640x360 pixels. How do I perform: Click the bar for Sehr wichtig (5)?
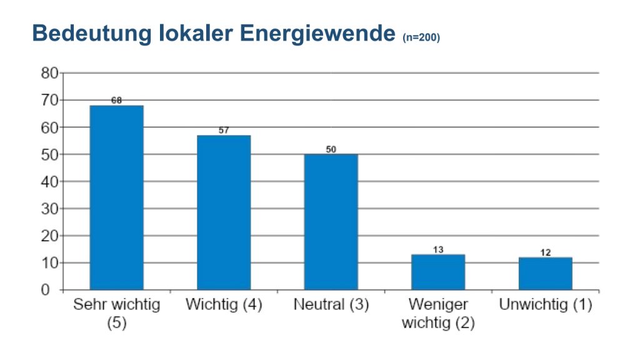116,197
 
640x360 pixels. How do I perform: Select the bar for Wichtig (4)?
224,212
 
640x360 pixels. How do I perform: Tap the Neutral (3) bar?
331,222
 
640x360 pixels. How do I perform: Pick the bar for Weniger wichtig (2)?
438,272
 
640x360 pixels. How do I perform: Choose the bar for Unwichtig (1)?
545,273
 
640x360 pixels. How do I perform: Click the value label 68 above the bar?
116,100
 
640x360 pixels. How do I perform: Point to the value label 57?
224,130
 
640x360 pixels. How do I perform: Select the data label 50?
331,149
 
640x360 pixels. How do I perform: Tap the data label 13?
438,249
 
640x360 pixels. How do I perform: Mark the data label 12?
545,252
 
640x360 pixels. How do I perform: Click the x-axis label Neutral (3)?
331,305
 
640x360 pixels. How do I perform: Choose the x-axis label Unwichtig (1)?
545,305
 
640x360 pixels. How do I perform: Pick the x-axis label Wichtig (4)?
224,305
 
